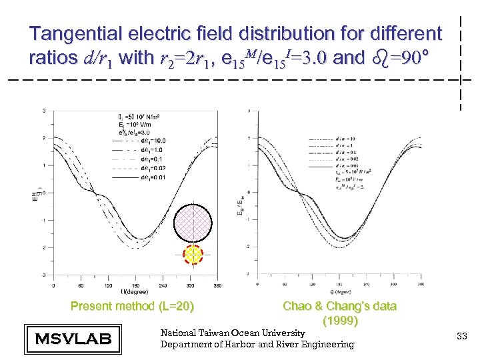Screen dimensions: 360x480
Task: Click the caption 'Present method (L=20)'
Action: coord(133,307)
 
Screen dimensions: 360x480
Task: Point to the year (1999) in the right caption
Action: coord(340,320)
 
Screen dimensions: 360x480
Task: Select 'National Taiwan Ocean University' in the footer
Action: coord(233,333)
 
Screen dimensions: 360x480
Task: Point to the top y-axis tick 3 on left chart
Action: coord(44,111)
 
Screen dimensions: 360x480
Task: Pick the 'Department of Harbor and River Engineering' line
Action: coord(257,345)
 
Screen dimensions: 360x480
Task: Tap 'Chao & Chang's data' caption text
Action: coord(339,307)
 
